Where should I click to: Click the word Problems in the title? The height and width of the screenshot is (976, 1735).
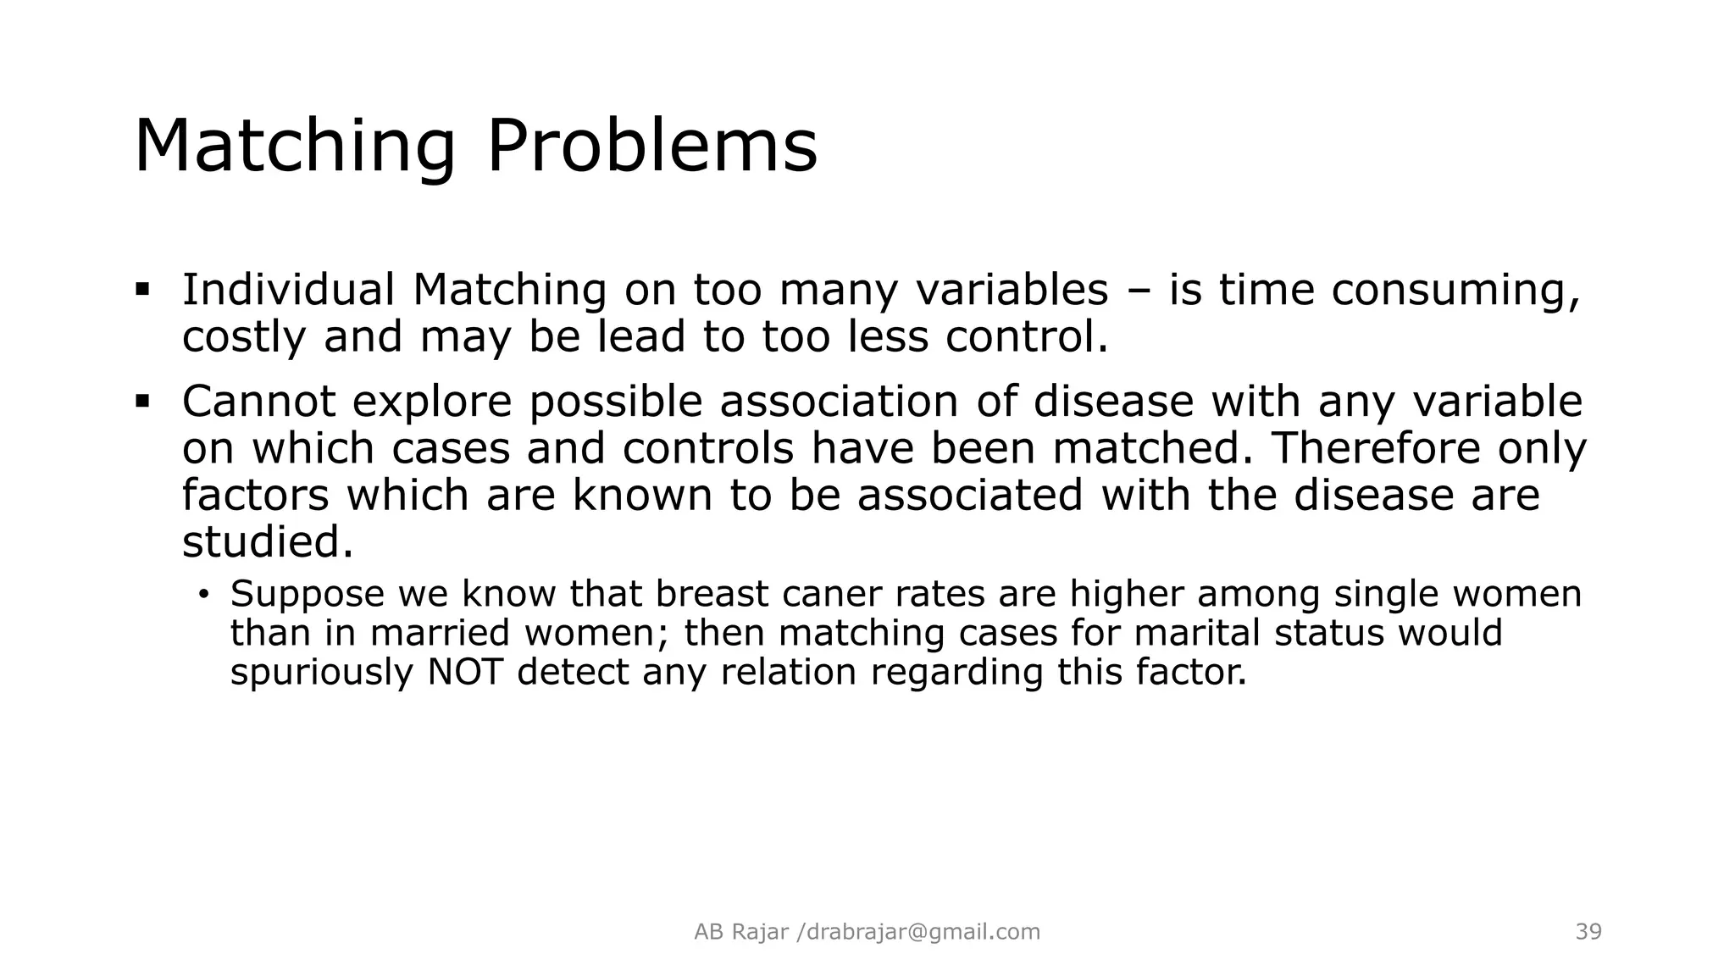(651, 147)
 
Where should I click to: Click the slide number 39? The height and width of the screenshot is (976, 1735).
(1588, 932)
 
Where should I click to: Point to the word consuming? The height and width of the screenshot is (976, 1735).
(1455, 291)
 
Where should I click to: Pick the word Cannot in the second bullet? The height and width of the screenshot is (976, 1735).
(258, 401)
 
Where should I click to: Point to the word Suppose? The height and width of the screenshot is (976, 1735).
(308, 595)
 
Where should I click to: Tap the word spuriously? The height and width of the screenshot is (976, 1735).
(321, 674)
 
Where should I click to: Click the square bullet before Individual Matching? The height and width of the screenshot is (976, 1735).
(141, 289)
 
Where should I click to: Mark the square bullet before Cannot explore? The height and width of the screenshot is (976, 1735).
(141, 400)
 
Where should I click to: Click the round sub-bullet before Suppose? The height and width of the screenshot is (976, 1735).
(203, 594)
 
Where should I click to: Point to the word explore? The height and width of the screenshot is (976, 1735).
(432, 402)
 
